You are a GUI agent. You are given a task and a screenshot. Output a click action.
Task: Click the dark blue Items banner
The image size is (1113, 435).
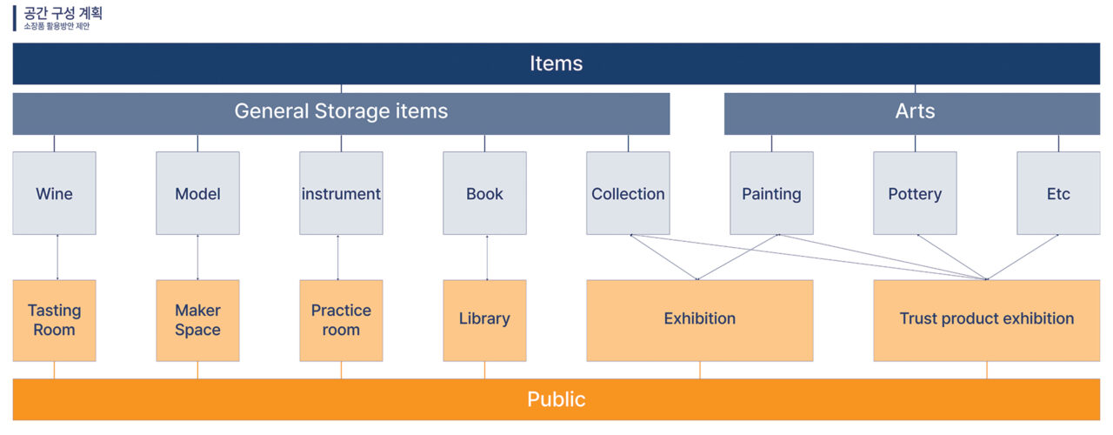[556, 64]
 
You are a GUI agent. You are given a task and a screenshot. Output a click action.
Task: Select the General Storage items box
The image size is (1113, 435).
[341, 114]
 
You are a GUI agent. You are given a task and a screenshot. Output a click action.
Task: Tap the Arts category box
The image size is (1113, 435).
[912, 114]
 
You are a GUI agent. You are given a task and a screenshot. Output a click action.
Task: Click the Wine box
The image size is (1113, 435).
[54, 193]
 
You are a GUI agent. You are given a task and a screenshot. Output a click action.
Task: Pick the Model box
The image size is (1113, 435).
[197, 193]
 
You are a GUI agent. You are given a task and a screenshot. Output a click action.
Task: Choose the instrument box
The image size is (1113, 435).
[341, 193]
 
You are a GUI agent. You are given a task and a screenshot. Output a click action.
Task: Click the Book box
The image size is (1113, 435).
[484, 193]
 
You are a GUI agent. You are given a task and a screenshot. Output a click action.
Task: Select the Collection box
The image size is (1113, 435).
[628, 193]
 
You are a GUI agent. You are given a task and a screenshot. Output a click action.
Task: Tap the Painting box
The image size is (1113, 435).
[771, 193]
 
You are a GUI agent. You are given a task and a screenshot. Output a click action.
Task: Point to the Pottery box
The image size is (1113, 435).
[915, 193]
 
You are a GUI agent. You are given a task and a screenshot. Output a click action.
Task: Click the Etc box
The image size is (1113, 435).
[1058, 193]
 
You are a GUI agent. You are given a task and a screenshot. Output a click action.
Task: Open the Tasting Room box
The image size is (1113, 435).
[54, 320]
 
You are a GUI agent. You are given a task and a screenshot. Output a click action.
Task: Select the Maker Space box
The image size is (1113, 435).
[197, 320]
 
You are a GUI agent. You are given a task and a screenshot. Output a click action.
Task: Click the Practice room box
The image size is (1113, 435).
[341, 320]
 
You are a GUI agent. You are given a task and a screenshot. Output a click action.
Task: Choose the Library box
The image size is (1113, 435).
[484, 320]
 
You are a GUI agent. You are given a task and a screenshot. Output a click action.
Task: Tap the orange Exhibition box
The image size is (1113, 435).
[700, 320]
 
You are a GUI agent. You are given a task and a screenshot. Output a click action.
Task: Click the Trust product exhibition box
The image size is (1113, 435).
[987, 320]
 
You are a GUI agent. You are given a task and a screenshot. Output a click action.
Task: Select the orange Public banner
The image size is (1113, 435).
[556, 399]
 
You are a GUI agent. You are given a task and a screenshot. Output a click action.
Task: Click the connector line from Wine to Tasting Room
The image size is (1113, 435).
[57, 257]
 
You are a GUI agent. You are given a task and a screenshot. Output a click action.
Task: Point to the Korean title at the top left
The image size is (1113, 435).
[63, 13]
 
